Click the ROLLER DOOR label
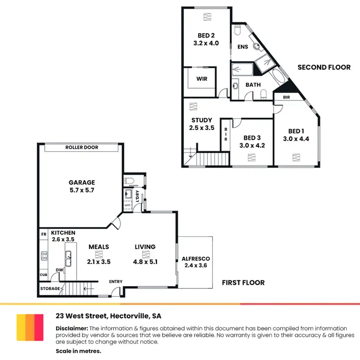pos(82,147)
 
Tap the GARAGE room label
pos(82,182)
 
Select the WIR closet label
pos(202,79)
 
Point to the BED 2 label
pos(206,35)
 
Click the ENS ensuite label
pos(242,47)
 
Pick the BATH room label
pos(253,84)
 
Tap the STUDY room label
pos(202,120)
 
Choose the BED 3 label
pos(252,137)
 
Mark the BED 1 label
pos(296,131)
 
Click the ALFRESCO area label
pos(195,259)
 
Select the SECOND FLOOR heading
pos(324,67)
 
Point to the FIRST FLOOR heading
pos(243,283)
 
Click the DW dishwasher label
pos(60,270)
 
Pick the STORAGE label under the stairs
pos(50,288)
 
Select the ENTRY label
pos(116,282)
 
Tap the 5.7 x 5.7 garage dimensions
pos(82,191)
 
